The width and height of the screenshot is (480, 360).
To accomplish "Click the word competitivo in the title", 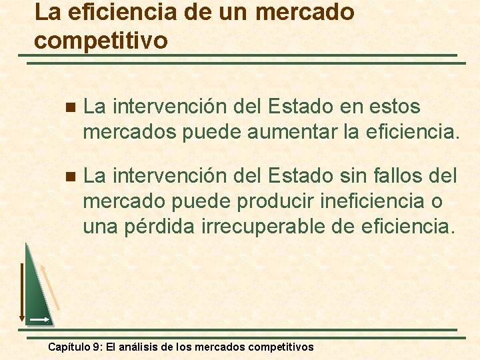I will coord(101,40).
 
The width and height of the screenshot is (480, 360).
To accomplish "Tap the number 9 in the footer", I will coord(98,347).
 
